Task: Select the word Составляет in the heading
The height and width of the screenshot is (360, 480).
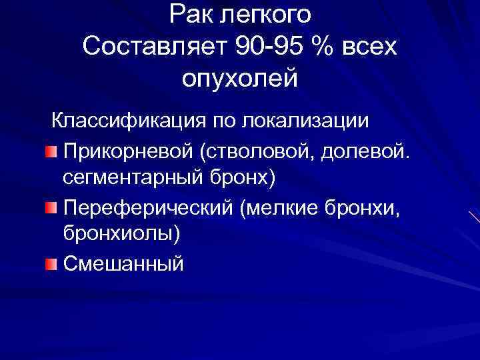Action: pyautogui.click(x=155, y=47)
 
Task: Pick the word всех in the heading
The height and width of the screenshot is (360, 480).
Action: pyautogui.click(x=369, y=47)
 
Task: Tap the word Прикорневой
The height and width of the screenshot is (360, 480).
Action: pyautogui.click(x=127, y=153)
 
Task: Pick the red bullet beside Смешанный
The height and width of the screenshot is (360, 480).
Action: pyautogui.click(x=51, y=265)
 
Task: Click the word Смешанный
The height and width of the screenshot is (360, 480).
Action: pyautogui.click(x=123, y=265)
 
